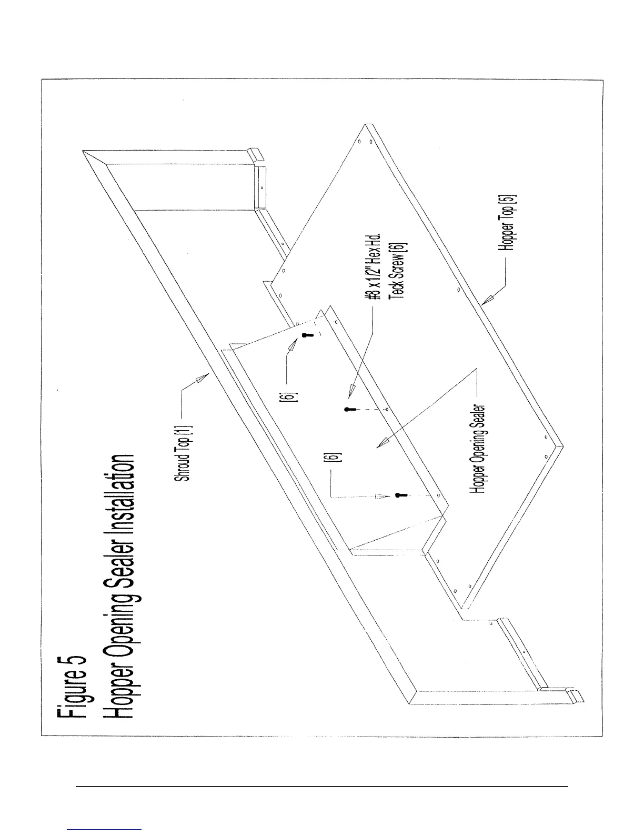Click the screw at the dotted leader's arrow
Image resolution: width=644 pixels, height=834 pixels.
(x=400, y=495)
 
